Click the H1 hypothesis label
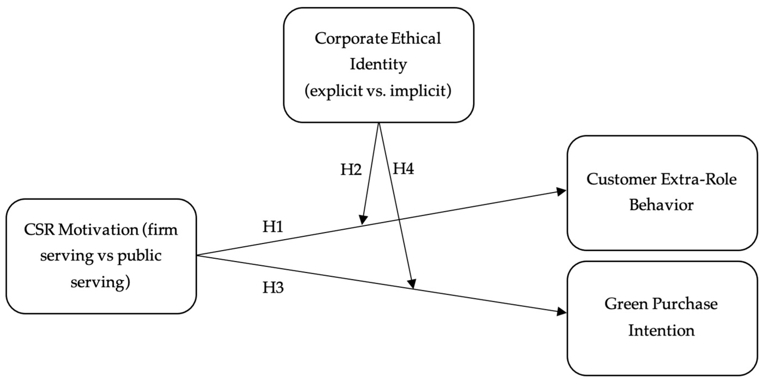(x=273, y=227)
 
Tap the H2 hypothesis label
(x=351, y=170)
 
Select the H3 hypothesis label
(x=273, y=287)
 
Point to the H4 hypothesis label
(x=403, y=169)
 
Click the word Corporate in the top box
(x=351, y=39)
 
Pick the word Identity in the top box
(x=378, y=64)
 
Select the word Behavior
(x=661, y=205)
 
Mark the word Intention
(x=661, y=330)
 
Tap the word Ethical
(x=416, y=39)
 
